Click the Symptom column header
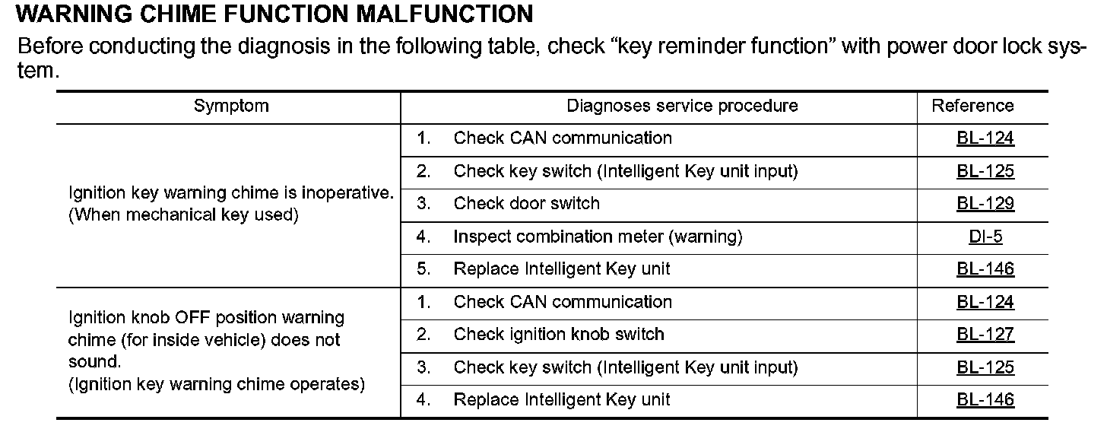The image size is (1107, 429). tap(231, 106)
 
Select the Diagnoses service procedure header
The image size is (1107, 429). tap(681, 106)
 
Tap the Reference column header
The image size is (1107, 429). tap(972, 106)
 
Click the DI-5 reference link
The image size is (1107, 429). tap(985, 237)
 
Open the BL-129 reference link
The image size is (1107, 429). tap(985, 205)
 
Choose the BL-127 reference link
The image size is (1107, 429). tap(985, 335)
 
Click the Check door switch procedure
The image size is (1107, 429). tap(526, 204)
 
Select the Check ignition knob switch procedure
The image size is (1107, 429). tap(559, 335)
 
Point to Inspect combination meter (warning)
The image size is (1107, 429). tap(598, 237)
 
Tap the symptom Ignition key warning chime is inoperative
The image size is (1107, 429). tap(231, 193)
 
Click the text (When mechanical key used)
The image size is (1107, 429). tap(183, 215)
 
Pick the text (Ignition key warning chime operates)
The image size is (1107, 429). tap(217, 385)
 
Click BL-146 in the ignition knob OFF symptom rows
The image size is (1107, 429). tap(985, 400)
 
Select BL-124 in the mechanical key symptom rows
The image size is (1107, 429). tap(985, 139)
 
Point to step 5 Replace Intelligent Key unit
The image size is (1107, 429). tap(562, 269)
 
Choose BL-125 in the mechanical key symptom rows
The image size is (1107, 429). tap(985, 172)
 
